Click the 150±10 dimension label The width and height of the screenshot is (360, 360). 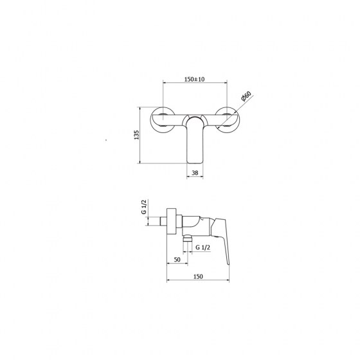(194, 79)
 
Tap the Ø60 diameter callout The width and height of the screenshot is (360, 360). (246, 96)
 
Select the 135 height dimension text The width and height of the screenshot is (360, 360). (136, 135)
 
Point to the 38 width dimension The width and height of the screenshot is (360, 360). (195, 173)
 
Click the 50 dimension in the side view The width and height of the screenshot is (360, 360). (177, 260)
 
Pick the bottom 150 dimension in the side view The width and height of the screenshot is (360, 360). (198, 276)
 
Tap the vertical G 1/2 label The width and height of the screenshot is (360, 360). (144, 207)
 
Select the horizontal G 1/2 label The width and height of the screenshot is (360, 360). (203, 248)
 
